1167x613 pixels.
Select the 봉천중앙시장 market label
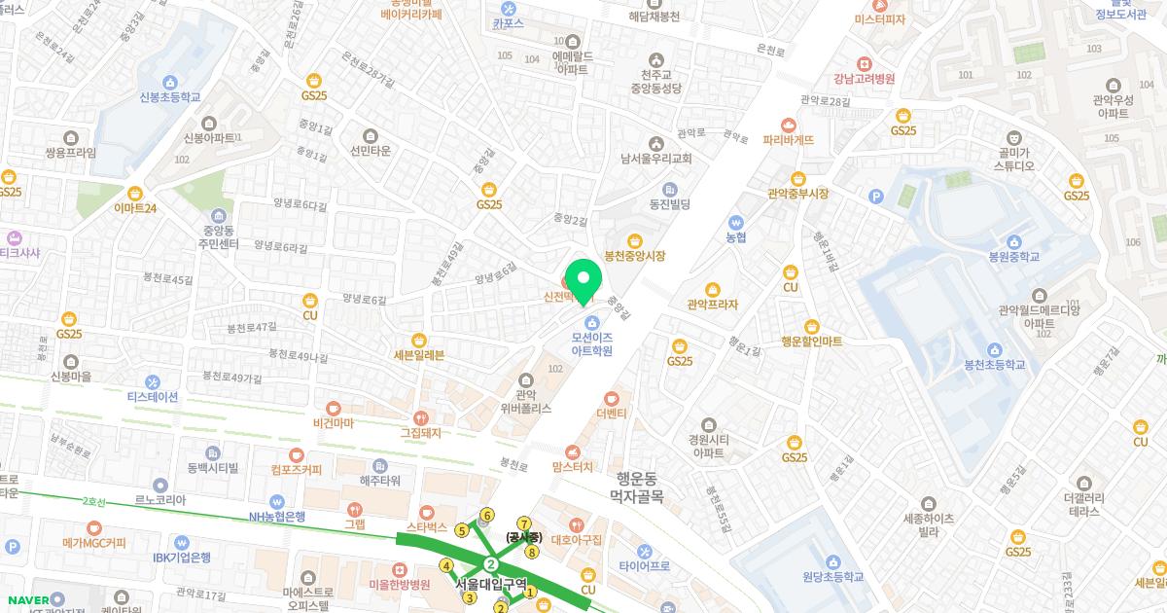click(x=634, y=256)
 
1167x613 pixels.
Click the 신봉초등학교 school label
click(x=170, y=97)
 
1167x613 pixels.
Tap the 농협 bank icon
click(x=735, y=221)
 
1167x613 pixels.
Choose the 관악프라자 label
click(x=712, y=305)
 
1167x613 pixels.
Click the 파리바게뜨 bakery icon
click(x=789, y=125)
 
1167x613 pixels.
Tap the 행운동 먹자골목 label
click(x=636, y=487)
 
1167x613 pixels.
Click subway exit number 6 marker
click(x=487, y=515)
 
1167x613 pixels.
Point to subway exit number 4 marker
click(x=446, y=565)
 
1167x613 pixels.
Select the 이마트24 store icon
click(x=135, y=193)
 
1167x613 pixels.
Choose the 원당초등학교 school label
click(x=832, y=576)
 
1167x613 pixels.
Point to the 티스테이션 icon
click(x=153, y=381)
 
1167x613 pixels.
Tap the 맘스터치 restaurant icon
click(x=573, y=451)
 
